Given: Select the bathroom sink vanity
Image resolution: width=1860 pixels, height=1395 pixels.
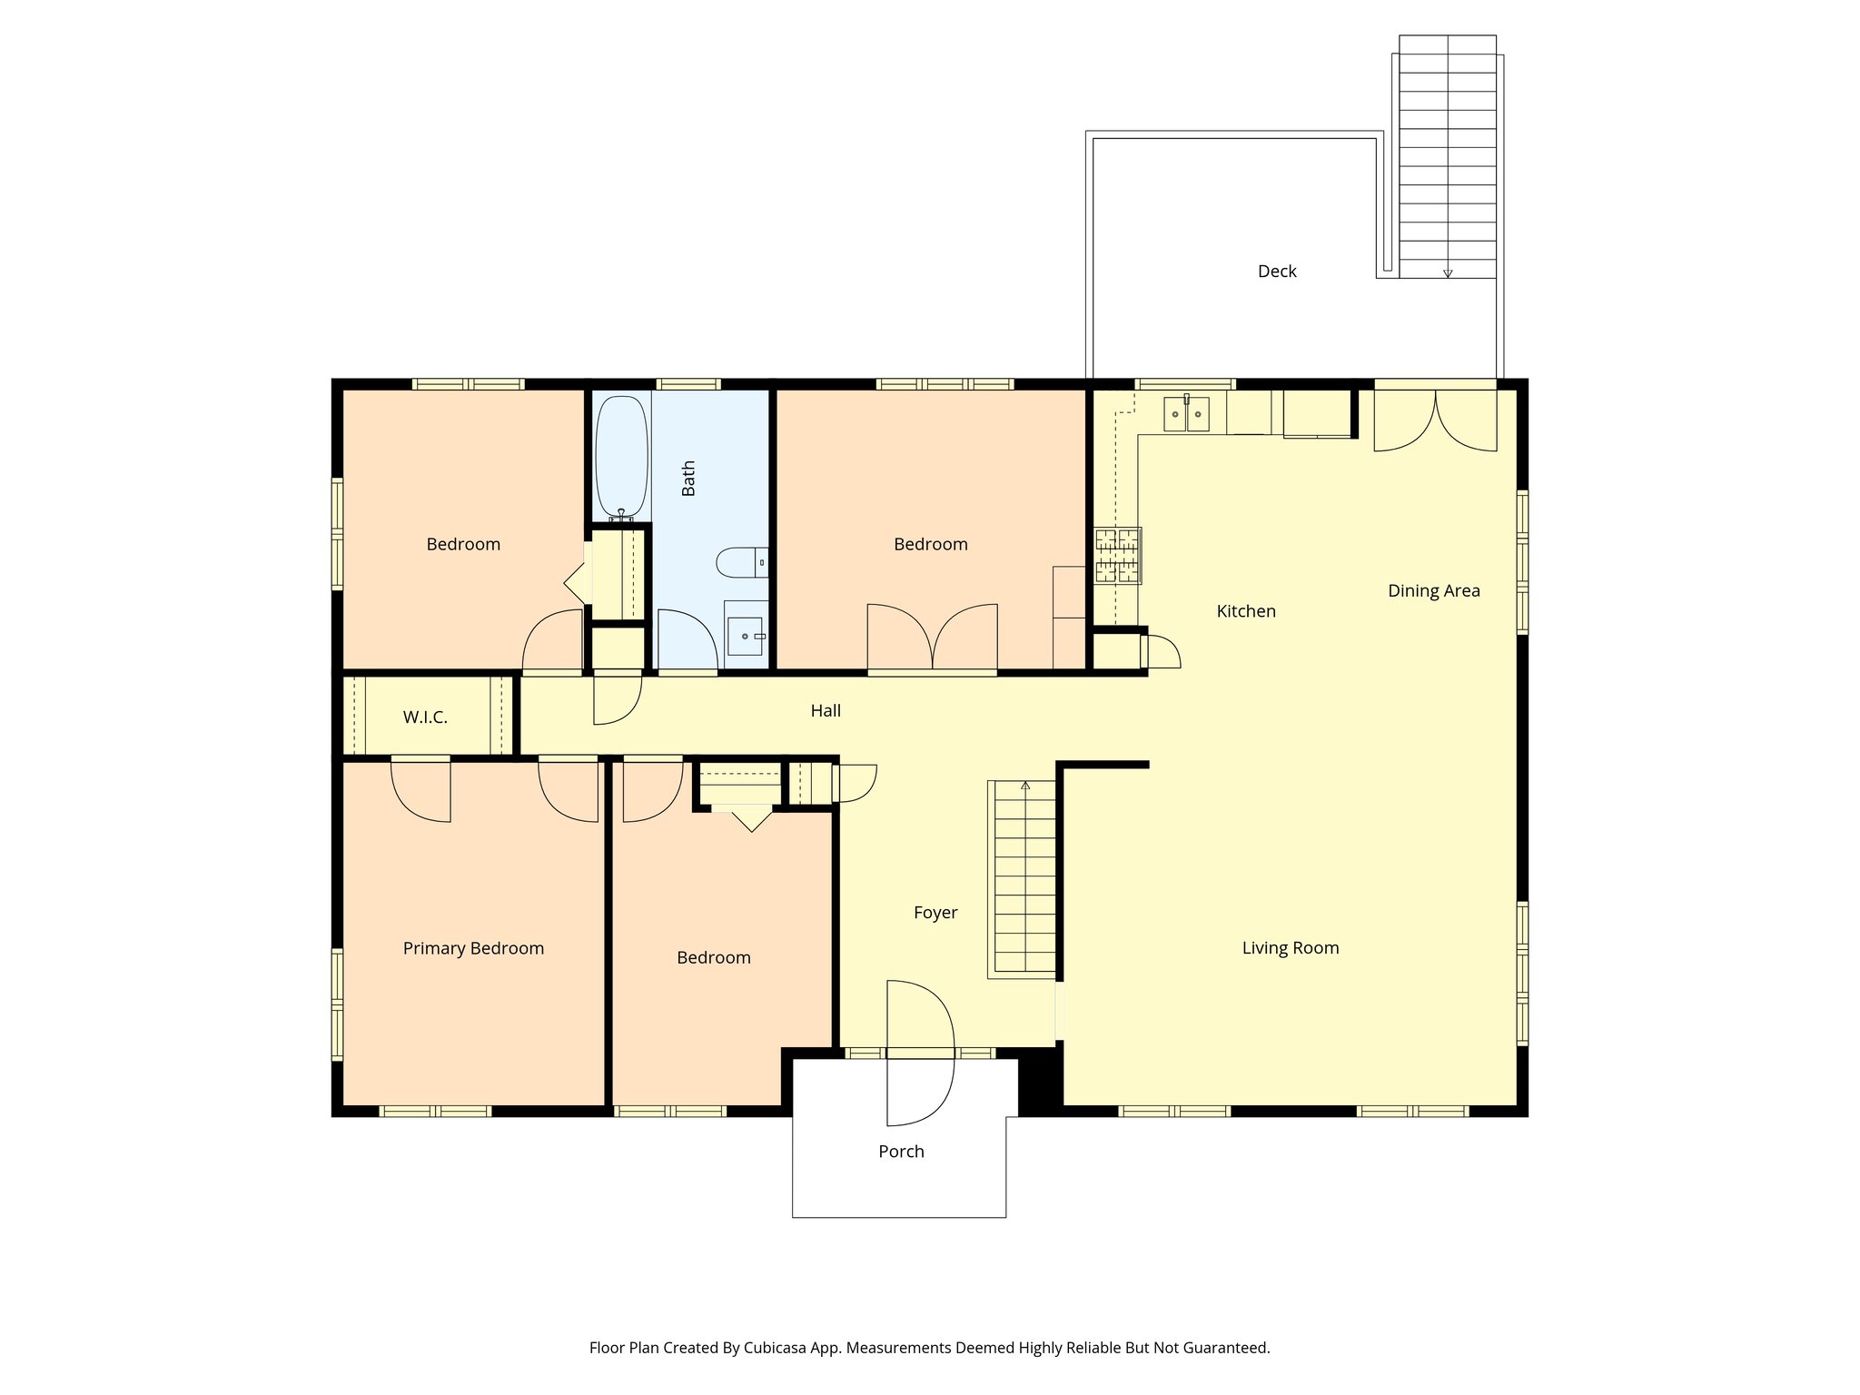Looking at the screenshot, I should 746,635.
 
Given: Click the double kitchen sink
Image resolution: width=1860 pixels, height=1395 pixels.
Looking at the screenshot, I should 1186,414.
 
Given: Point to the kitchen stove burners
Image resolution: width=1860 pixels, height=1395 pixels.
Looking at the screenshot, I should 1117,555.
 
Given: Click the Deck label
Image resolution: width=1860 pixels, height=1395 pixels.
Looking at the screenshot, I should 1277,272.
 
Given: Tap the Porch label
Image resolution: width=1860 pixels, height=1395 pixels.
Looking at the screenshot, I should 901,1152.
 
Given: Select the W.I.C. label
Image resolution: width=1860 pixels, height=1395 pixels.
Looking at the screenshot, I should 425,717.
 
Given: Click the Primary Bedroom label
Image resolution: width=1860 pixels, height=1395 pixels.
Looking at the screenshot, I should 473,948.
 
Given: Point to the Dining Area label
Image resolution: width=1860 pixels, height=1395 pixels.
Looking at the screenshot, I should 1433,591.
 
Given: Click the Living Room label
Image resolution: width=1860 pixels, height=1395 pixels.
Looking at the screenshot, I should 1290,948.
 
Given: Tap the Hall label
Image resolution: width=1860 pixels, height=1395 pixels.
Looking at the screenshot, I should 826,711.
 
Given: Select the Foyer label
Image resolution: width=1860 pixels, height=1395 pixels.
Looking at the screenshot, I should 935,913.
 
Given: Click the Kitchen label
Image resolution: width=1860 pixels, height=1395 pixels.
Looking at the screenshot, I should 1246,611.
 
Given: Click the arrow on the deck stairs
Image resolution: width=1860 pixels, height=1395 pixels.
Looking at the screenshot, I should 1448,272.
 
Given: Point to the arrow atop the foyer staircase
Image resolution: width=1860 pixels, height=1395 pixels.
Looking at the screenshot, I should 1025,786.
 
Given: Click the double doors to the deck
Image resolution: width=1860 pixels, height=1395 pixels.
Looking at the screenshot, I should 1435,420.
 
